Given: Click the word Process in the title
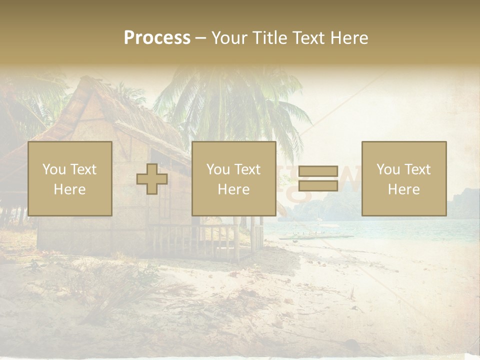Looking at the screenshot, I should pyautogui.click(x=157, y=37).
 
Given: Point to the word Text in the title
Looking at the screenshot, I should pyautogui.click(x=307, y=37).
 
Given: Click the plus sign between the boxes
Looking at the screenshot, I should pyautogui.click(x=152, y=179).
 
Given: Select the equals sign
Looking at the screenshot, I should pyautogui.click(x=318, y=178).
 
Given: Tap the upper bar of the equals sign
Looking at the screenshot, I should pyautogui.click(x=318, y=171).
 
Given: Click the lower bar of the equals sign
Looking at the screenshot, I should pyautogui.click(x=318, y=185).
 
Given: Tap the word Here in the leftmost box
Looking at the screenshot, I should pyautogui.click(x=69, y=189).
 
